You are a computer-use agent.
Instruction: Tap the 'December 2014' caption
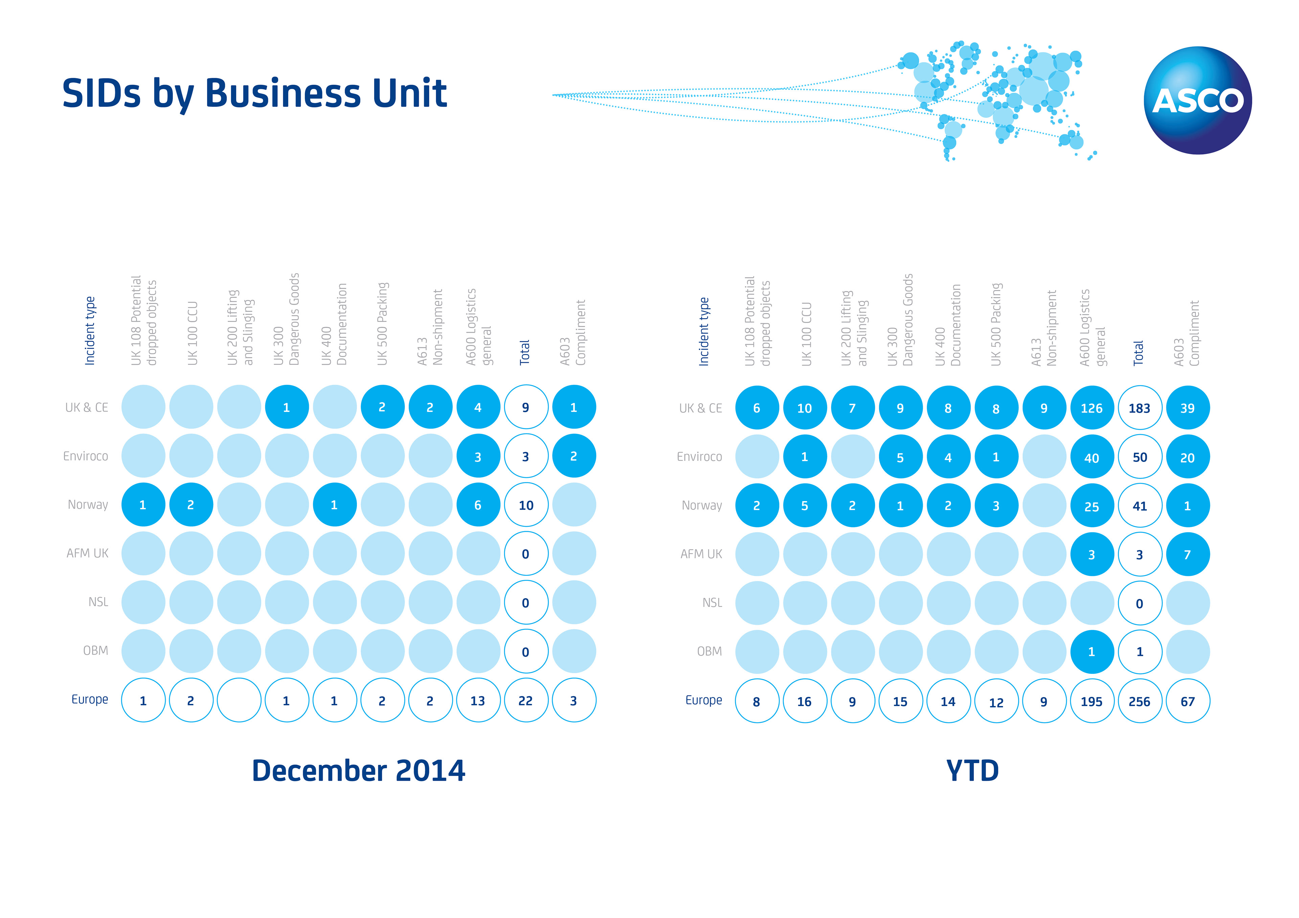pos(358,770)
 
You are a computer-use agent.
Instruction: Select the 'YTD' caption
pos(972,770)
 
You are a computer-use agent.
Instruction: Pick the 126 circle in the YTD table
pos(1091,408)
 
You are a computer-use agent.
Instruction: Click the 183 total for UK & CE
pos(1139,408)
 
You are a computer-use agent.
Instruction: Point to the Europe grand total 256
pos(1139,701)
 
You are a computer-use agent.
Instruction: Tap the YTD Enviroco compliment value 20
pos(1188,457)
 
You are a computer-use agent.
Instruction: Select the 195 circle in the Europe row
pos(1091,701)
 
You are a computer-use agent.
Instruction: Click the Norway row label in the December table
pos(88,504)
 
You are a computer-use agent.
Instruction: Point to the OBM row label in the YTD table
pos(709,651)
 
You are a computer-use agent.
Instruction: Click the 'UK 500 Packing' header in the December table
pos(383,324)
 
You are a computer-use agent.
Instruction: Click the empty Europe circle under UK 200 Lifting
pos(239,700)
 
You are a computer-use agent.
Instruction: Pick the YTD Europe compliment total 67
pos(1188,701)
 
